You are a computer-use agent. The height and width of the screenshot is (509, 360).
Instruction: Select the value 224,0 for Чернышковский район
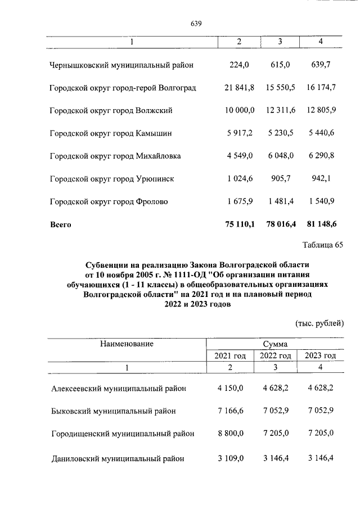[239, 65]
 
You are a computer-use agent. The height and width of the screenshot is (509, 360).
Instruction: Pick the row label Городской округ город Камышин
[111, 133]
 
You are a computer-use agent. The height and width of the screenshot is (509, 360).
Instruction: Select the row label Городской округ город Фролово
[109, 201]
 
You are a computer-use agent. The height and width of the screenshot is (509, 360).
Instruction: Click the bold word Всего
[61, 224]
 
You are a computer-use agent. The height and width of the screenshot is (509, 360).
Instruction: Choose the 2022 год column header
[275, 355]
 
